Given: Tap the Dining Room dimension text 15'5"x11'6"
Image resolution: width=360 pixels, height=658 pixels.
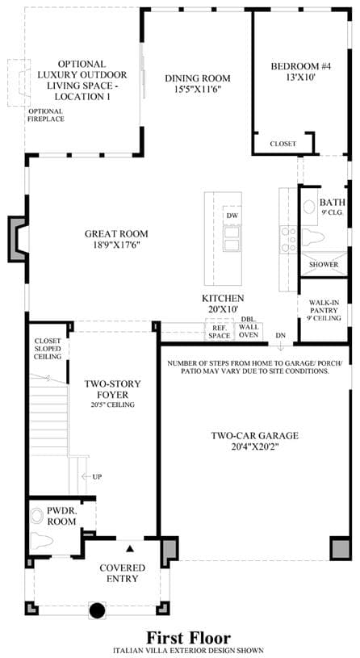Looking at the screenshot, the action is (x=197, y=89).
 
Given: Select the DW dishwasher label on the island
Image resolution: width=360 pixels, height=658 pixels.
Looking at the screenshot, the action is (x=232, y=216).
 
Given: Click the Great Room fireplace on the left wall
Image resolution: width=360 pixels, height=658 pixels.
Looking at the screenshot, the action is (x=18, y=239).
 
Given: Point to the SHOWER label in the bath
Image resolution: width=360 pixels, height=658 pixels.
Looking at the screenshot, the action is (x=324, y=265).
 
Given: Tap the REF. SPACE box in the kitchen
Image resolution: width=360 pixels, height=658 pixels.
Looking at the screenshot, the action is (x=219, y=332).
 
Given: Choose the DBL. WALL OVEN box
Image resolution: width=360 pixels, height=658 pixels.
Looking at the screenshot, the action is (x=248, y=329).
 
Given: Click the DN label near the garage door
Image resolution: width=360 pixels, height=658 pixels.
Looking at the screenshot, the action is (x=281, y=335).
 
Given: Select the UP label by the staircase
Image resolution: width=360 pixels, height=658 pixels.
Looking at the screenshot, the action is (x=97, y=476).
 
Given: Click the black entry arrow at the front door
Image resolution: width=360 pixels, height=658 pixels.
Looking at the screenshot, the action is (x=130, y=548).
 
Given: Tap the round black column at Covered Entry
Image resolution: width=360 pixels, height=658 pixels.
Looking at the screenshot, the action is (x=97, y=610).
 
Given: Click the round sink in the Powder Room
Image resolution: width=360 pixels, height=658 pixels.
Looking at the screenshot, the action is (x=39, y=516).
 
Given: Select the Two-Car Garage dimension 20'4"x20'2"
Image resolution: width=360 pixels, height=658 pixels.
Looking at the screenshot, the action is (x=255, y=447).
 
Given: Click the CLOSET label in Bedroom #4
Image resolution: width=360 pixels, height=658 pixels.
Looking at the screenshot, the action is (x=283, y=144).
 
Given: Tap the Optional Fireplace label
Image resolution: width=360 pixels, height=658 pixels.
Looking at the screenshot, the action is (x=46, y=115).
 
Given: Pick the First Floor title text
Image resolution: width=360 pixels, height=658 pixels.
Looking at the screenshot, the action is (x=188, y=638).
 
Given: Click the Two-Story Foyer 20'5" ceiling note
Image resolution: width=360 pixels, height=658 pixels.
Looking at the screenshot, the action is (x=113, y=405).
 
